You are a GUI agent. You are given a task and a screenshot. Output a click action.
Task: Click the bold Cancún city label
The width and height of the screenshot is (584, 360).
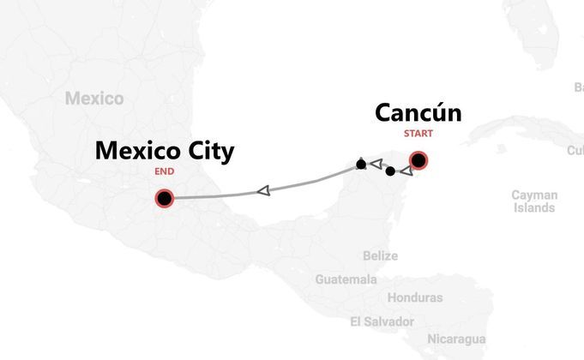(418, 114)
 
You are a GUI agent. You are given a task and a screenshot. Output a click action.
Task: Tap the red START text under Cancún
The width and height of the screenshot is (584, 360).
(418, 134)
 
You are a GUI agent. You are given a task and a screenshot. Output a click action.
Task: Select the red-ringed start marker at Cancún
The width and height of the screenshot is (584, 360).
(418, 160)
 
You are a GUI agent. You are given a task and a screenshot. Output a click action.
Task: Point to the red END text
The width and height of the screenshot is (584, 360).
(164, 171)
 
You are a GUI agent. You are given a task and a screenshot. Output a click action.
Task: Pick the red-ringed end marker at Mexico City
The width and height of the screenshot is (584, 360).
(164, 199)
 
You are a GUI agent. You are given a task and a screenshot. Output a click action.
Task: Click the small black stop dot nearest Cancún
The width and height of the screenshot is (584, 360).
(390, 171)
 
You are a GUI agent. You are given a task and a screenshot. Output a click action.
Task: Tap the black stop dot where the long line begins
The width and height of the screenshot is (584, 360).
(361, 164)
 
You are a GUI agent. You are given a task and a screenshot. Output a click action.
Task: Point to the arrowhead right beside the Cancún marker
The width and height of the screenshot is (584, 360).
(406, 171)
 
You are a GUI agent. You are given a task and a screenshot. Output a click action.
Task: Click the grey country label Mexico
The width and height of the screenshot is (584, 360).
(93, 99)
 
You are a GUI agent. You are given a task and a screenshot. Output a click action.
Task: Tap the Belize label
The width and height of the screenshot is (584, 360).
(380, 256)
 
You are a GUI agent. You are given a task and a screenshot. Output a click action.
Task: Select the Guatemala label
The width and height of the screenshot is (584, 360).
(346, 280)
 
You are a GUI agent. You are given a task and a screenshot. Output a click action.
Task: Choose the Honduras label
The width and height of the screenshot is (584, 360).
(415, 298)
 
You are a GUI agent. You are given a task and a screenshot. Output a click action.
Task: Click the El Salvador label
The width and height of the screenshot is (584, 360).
(382, 321)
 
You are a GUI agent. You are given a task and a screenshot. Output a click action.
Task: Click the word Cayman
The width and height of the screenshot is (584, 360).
(534, 195)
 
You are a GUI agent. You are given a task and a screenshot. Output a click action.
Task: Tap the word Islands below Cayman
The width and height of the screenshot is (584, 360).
(534, 207)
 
